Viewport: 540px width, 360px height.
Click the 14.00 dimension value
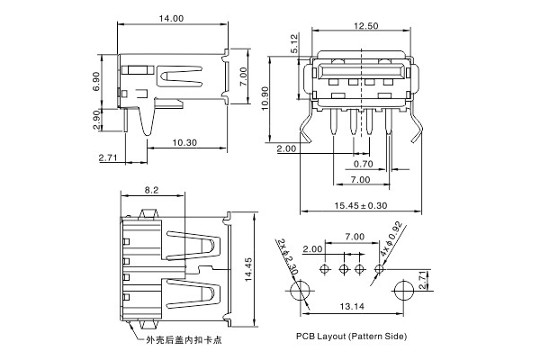[170, 18]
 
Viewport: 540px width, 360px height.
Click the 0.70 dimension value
[363, 165]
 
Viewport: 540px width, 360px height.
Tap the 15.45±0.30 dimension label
[363, 206]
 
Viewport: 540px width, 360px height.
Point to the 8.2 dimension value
[152, 190]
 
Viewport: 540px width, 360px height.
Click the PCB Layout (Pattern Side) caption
[351, 336]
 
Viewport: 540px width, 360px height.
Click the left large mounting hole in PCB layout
[299, 290]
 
